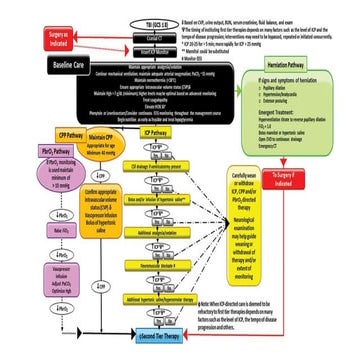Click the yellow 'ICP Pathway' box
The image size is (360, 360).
[x=155, y=132]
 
